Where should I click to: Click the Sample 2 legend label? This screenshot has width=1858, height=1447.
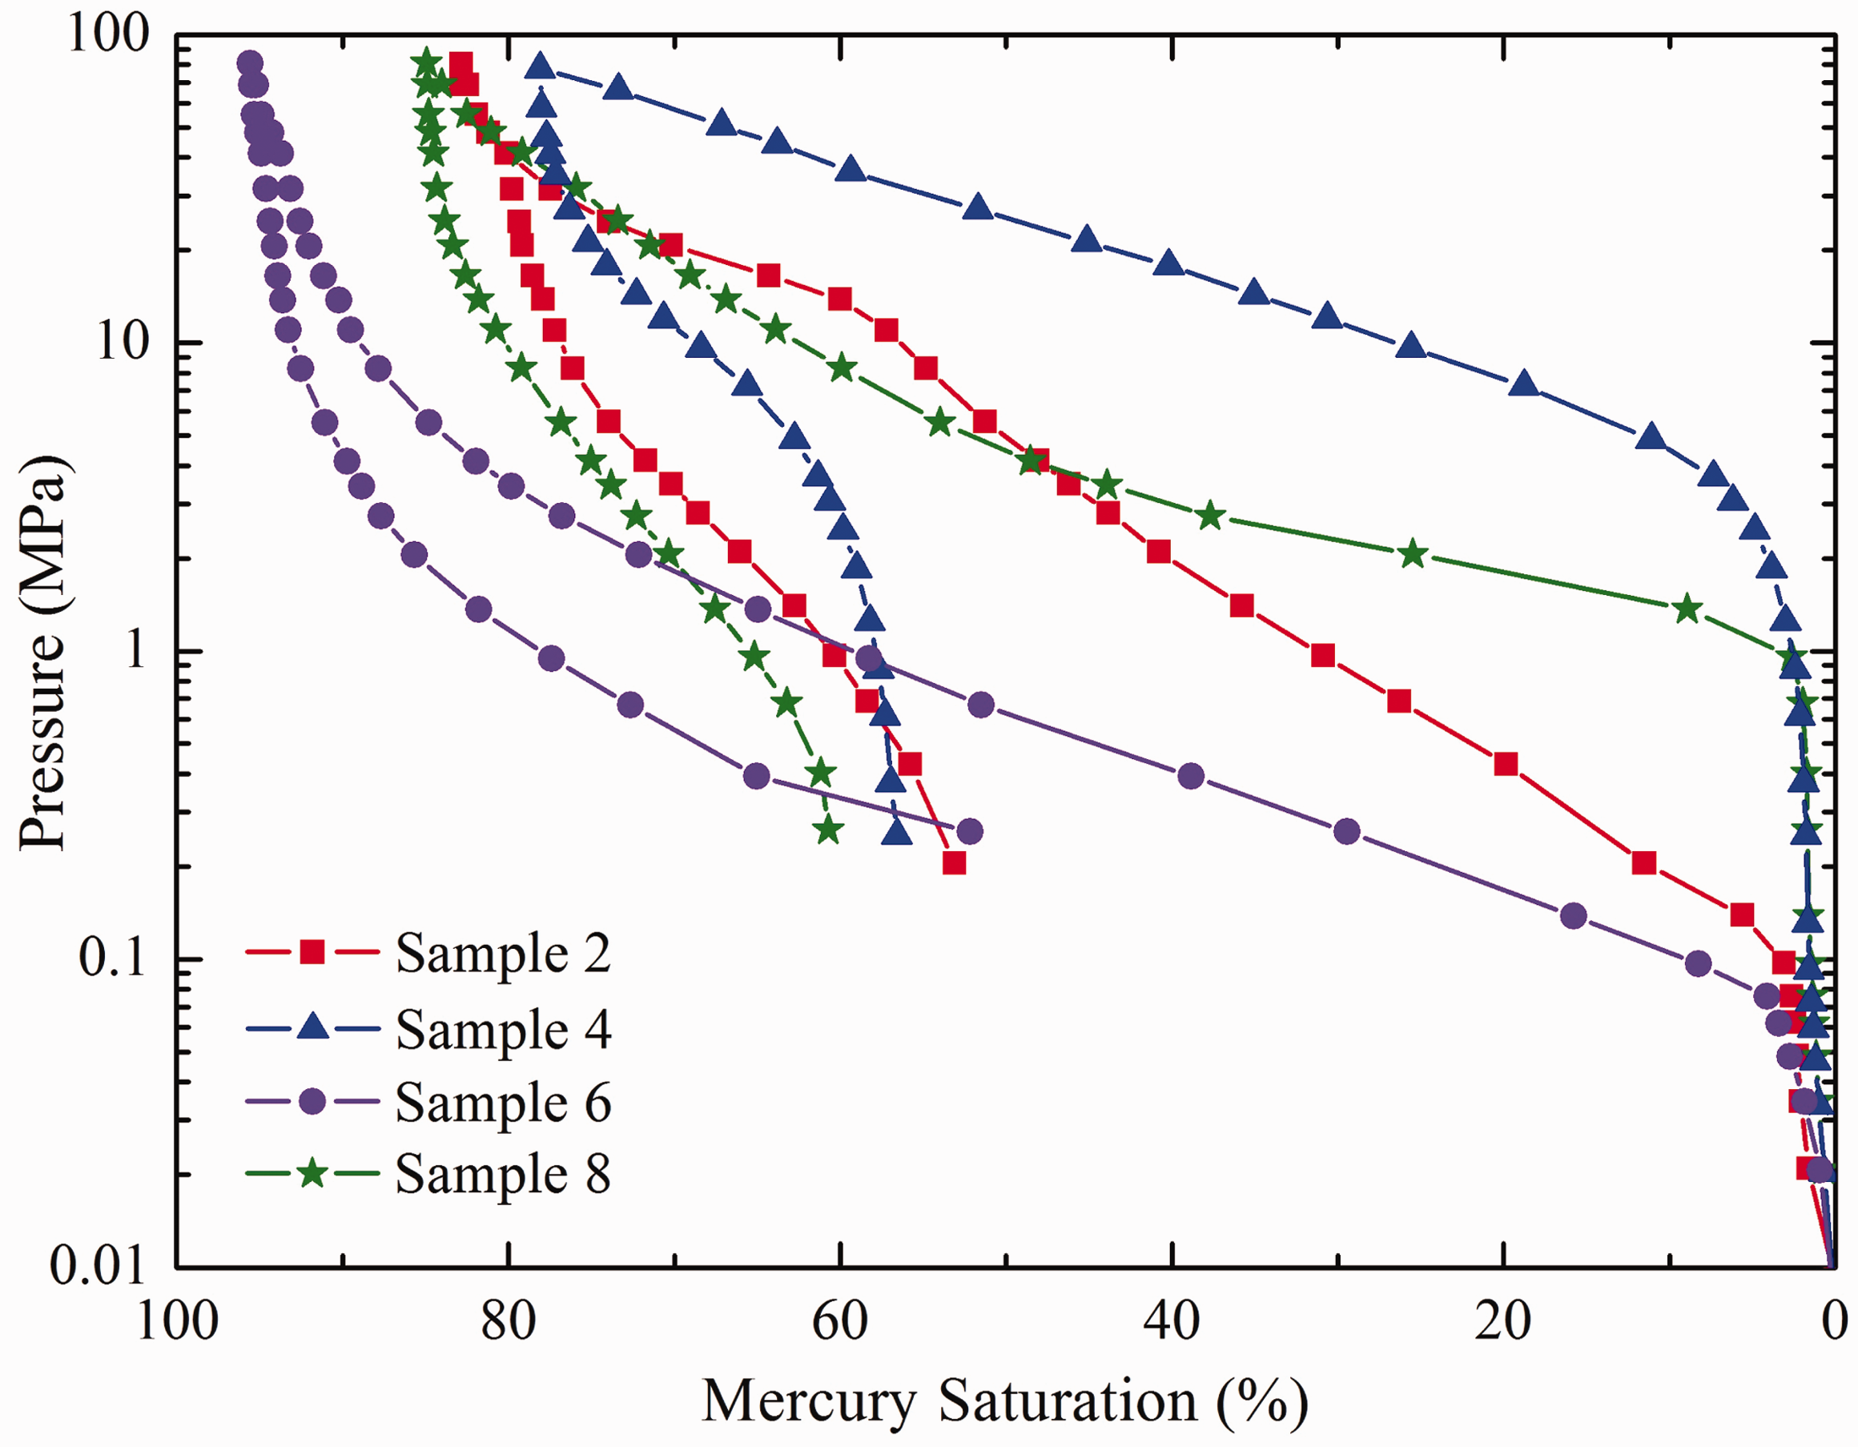pyautogui.click(x=503, y=953)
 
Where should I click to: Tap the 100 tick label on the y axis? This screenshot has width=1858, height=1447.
pyautogui.click(x=109, y=36)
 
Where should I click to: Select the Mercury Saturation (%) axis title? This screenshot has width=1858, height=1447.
pyautogui.click(x=1005, y=1401)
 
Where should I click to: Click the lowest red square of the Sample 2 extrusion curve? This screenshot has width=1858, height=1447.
pyautogui.click(x=954, y=863)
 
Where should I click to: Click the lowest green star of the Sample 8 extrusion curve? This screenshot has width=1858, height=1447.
pyautogui.click(x=828, y=830)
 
